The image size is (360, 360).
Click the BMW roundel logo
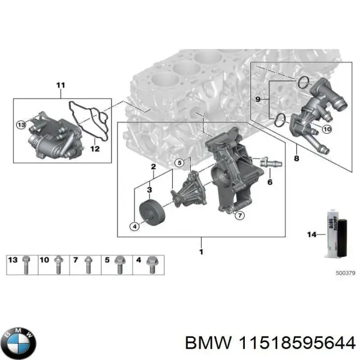(19, 343)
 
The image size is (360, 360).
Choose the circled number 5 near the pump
(179, 163)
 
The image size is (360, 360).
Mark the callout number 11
(59, 85)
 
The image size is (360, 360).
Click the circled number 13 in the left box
(21, 125)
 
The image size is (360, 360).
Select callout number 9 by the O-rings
(259, 98)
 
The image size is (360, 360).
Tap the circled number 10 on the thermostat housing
(326, 128)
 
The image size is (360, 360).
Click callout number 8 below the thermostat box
(296, 158)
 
